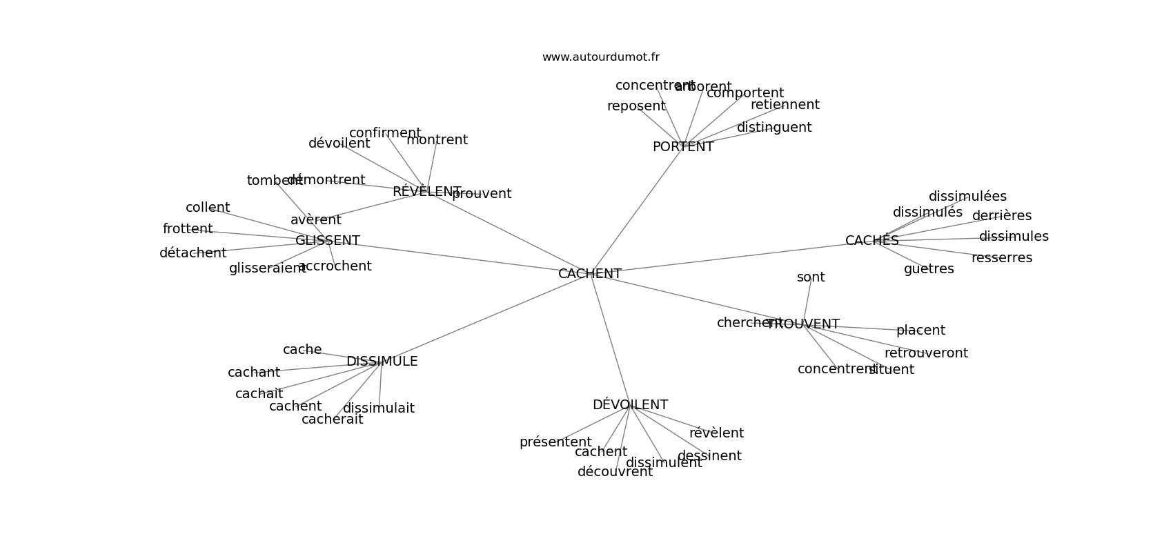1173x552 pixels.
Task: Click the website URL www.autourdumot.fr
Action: [x=600, y=57]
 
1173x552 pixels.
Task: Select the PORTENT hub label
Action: [x=682, y=147]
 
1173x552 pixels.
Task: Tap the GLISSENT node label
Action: [x=327, y=241]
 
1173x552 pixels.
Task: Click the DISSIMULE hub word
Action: [x=382, y=362]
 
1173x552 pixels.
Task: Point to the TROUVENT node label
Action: [x=804, y=324]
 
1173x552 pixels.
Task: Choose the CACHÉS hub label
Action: [x=871, y=241]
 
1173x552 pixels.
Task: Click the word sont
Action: [x=811, y=277]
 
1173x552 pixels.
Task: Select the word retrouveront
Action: [x=926, y=353]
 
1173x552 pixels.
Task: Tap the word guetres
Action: [x=929, y=269]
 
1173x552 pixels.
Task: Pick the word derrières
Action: [x=1001, y=216]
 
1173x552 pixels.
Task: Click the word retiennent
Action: [x=785, y=105]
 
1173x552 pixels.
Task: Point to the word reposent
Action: [x=636, y=106]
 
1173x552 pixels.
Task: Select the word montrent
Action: [x=437, y=140]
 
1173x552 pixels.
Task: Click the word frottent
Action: [x=188, y=229]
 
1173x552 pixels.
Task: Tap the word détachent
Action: [x=193, y=253]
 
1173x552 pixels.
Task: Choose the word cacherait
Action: [x=332, y=420]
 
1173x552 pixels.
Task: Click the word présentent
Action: [x=555, y=442]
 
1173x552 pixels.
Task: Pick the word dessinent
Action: [x=709, y=456]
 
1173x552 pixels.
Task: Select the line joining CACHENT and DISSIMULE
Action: [x=483, y=318]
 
